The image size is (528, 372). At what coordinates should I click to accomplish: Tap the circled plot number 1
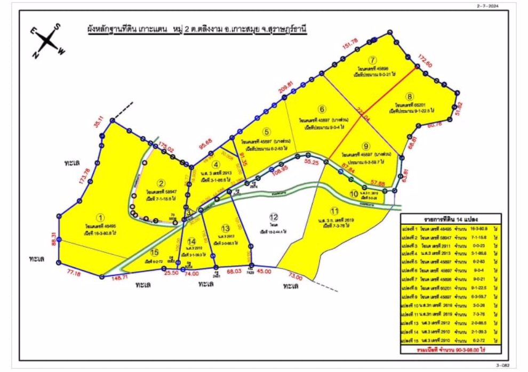coord(100,217)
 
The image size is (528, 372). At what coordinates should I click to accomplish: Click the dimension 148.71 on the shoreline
coord(119,277)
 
